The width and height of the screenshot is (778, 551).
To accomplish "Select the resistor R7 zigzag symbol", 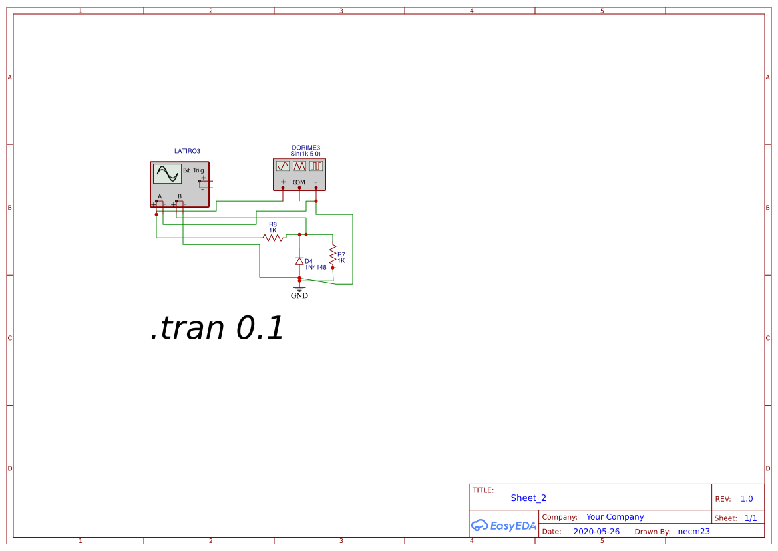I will (x=332, y=253).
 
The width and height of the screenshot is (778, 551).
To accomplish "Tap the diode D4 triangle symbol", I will (x=299, y=261).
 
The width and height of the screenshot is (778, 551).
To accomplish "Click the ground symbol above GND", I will (x=299, y=287).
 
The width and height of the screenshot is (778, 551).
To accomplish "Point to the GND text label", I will (x=299, y=296).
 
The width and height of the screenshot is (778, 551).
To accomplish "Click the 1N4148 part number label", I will (x=316, y=267).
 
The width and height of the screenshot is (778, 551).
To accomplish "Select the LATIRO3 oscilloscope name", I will (x=187, y=151).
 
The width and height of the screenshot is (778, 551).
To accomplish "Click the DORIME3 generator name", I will (x=305, y=148).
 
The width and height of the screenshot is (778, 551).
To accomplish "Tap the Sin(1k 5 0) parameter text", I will (x=305, y=154).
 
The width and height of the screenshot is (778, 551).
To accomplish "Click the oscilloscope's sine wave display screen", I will (x=167, y=174).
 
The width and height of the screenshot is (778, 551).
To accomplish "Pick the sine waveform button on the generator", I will (x=283, y=166).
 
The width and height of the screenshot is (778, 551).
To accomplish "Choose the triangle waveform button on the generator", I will (x=299, y=166).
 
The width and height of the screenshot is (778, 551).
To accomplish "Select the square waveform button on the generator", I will (x=315, y=166).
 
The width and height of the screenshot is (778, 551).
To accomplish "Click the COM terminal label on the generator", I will (x=299, y=182).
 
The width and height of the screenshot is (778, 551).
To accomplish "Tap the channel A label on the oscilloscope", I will (x=160, y=196).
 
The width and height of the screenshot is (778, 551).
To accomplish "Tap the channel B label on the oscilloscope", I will (x=180, y=196).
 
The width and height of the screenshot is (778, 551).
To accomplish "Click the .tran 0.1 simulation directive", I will (x=218, y=328).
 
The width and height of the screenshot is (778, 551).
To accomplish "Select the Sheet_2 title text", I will (x=528, y=498).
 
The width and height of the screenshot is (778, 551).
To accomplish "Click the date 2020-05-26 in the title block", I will (x=596, y=532).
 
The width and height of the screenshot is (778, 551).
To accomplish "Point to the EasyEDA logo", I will (x=504, y=526).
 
